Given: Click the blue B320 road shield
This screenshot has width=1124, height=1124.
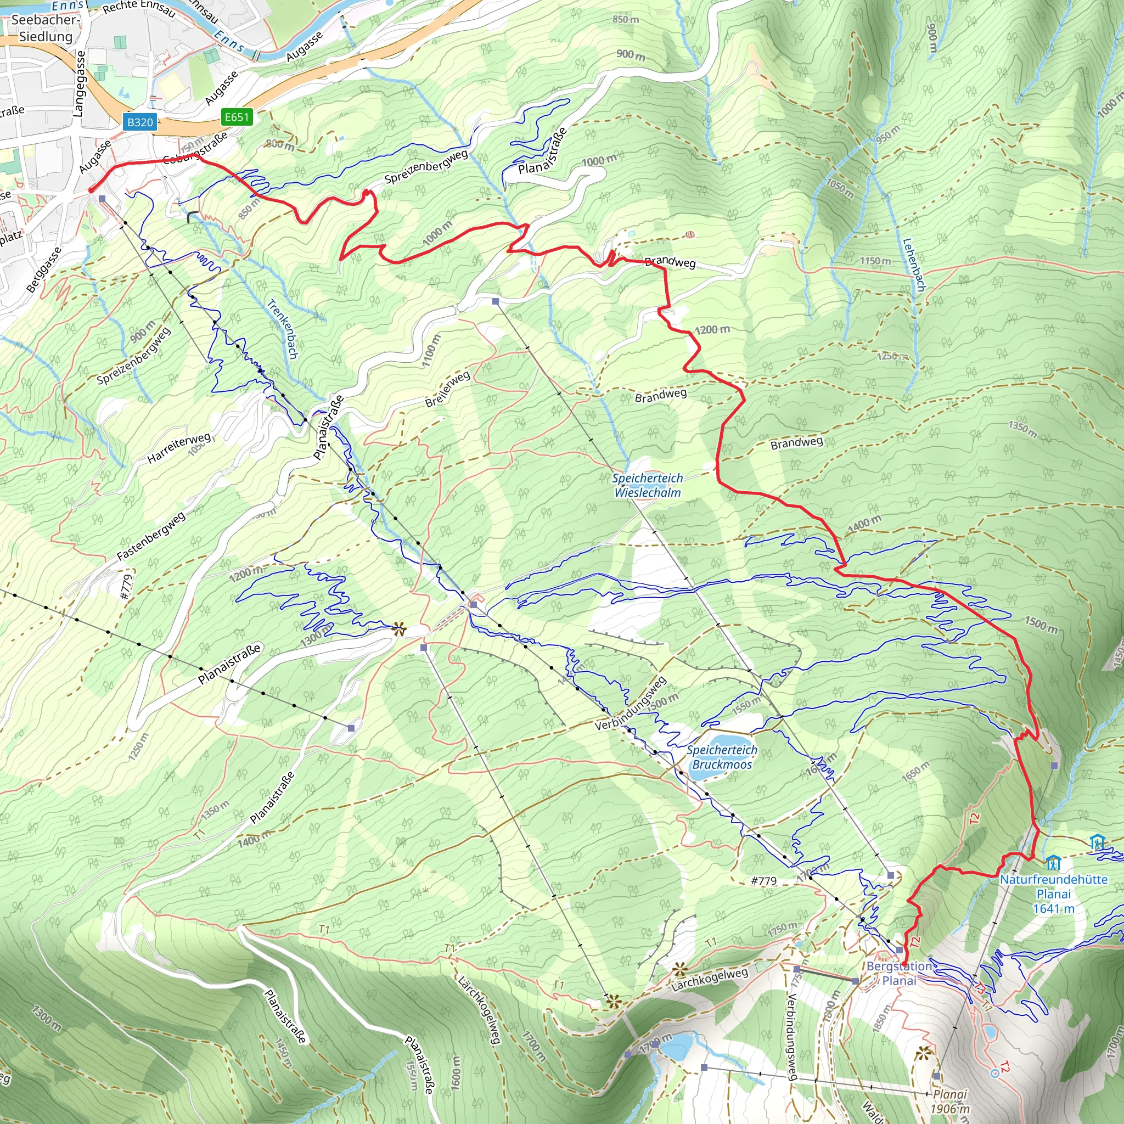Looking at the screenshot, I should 139,122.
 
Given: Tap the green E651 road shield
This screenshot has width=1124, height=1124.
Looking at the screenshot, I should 237,117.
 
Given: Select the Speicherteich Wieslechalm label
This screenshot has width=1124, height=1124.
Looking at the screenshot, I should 648,485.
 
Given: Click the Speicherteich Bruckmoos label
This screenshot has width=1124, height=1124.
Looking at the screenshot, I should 722,757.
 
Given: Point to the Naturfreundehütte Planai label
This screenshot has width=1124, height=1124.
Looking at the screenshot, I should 1054,887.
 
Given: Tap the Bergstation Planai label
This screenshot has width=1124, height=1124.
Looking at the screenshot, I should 899,973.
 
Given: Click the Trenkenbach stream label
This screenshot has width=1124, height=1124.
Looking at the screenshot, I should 282,329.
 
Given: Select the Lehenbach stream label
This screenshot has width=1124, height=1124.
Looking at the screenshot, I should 913,265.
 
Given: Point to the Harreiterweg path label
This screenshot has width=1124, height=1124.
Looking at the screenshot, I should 178,448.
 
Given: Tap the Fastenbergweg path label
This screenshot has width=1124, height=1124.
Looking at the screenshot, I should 151,536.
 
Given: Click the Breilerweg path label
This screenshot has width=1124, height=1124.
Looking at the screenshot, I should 447,389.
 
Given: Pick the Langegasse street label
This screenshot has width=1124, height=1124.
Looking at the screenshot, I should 79,83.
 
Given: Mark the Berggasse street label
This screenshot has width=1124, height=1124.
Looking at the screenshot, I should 44,269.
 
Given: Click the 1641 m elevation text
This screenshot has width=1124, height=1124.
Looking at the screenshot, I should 1054,908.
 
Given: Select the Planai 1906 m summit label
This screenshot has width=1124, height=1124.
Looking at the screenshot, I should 949,1101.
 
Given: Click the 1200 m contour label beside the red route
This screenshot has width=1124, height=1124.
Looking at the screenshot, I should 712,330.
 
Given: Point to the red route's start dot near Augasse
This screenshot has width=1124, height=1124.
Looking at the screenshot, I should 91,190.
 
